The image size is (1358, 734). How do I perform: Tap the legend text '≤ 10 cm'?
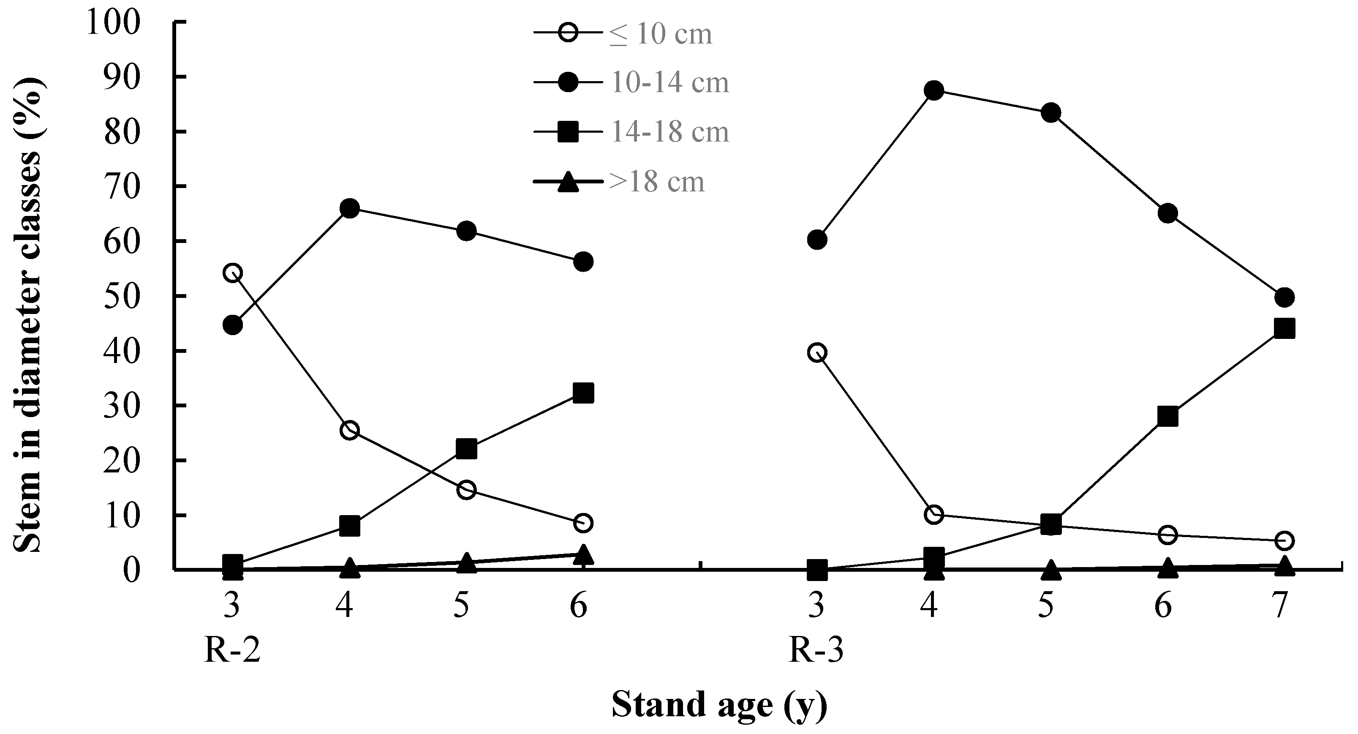pos(661,34)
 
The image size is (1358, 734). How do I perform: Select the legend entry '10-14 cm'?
pos(669,83)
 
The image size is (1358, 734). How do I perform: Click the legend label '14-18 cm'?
pos(669,132)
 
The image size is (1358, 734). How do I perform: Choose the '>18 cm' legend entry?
pos(657,182)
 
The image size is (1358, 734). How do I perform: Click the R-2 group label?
pos(232,651)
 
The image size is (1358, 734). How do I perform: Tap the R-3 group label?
pos(816,651)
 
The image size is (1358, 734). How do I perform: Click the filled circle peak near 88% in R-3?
pos(933,91)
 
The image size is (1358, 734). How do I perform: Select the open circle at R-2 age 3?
pos(232,273)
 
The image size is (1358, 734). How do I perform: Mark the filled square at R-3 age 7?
pos(1284,328)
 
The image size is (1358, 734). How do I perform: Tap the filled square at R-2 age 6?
pos(583,393)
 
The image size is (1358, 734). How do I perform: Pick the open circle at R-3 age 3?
pos(816,352)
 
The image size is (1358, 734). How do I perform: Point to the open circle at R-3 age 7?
pos(1284,540)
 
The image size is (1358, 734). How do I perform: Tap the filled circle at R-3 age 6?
pos(1167,213)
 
